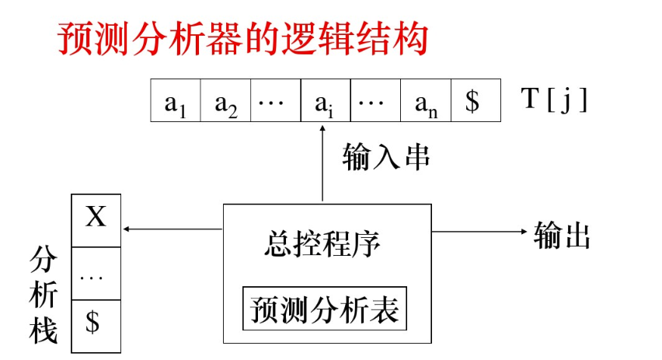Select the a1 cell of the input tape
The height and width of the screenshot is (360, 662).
176,103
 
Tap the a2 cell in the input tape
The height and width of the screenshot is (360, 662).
225,103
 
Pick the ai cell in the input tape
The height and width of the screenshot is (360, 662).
325,103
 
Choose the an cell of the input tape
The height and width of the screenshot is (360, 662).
424,103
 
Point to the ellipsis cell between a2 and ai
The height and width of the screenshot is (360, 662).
275,103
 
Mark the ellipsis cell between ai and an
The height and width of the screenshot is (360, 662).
375,103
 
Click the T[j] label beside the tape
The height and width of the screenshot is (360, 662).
553,101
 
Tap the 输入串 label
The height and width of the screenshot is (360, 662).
386,156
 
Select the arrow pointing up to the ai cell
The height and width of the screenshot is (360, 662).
324,163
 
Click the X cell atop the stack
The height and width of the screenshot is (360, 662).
96,217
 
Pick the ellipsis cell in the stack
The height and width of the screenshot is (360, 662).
96,273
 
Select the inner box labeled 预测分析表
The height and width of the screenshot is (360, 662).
325,309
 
